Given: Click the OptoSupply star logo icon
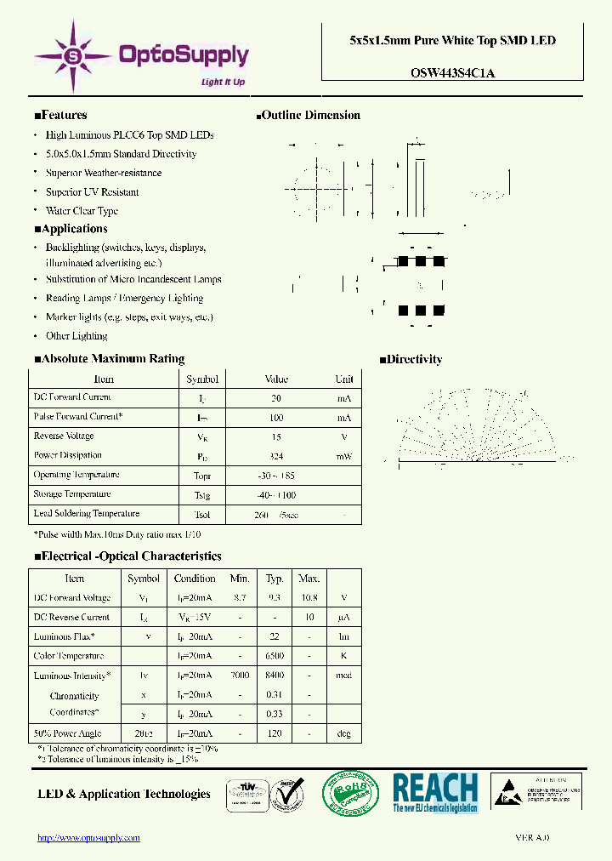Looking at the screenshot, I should point(74,57).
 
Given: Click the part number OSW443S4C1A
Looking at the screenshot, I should point(452,73).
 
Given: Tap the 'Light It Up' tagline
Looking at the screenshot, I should point(223,82).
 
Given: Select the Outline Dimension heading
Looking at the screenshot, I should point(308,116).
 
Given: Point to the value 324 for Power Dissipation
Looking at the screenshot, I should point(276,456).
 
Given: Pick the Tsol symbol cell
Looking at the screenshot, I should point(202,515).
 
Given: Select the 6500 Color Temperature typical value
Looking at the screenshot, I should point(275,656).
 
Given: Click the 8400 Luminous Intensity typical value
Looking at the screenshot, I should point(275,676).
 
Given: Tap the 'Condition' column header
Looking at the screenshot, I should point(195,579).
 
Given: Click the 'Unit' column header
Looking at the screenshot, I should point(343,379).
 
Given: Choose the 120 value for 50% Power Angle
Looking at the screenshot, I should point(275,733).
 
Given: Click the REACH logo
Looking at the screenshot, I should point(435,793).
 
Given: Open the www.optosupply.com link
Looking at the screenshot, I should point(88,838).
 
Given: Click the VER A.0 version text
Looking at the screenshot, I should point(532,838).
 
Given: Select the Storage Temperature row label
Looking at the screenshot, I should point(72,494).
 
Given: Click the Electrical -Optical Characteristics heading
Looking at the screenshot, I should point(127,556).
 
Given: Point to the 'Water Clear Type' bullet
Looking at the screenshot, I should point(82,211).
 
